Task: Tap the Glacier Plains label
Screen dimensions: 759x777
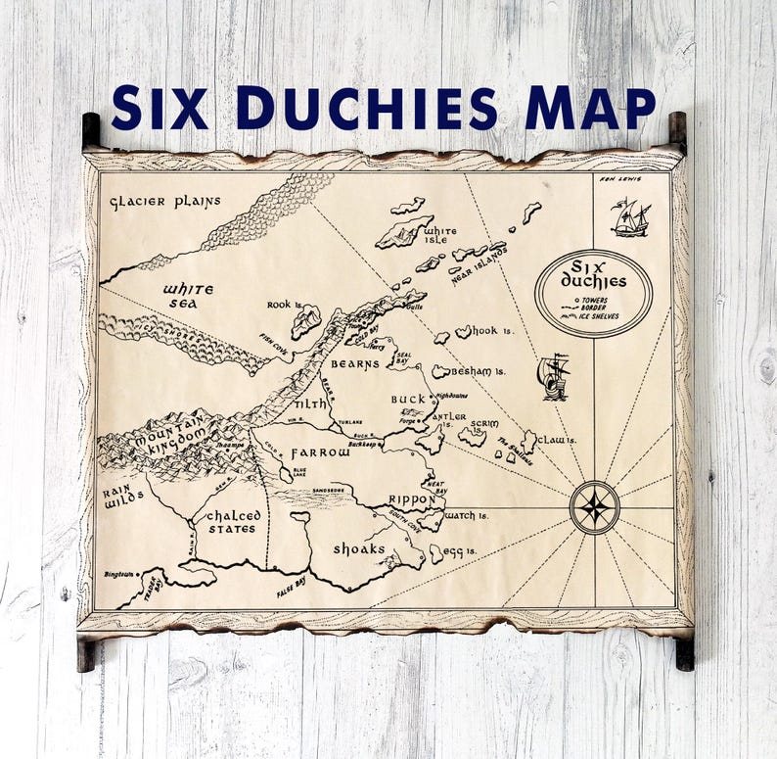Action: (165, 202)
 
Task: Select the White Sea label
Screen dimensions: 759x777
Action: (187, 296)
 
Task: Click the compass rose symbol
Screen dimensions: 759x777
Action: (594, 507)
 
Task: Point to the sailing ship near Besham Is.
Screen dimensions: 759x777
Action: (554, 376)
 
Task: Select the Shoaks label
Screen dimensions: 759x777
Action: (359, 547)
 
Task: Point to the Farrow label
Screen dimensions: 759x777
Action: (320, 452)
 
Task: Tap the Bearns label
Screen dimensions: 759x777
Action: (353, 363)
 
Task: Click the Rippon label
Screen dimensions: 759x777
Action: (410, 498)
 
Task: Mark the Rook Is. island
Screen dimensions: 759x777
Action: (306, 320)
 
